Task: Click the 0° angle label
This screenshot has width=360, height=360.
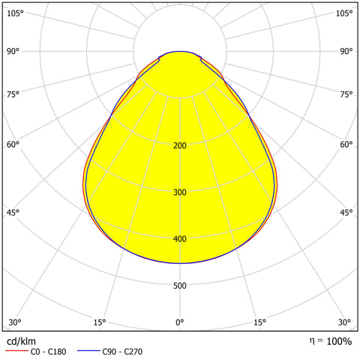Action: pyautogui.click(x=179, y=322)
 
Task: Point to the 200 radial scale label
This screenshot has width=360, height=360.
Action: pyautogui.click(x=179, y=145)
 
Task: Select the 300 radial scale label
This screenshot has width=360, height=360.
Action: pyautogui.click(x=179, y=193)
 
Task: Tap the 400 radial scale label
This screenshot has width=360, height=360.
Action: pyautogui.click(x=179, y=239)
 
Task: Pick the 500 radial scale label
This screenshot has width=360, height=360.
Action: pyautogui.click(x=179, y=286)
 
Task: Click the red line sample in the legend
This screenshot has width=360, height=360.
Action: pyautogui.click(x=16, y=351)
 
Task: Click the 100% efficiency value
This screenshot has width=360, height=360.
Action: pyautogui.click(x=338, y=341)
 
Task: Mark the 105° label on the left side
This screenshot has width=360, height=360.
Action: pyautogui.click(x=15, y=13)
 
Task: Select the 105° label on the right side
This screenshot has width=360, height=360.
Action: pyautogui.click(x=344, y=13)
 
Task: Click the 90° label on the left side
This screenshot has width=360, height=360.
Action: pyautogui.click(x=13, y=51)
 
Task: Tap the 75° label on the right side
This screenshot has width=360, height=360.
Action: pyautogui.click(x=346, y=94)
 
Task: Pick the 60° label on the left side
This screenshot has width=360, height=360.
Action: pyautogui.click(x=13, y=145)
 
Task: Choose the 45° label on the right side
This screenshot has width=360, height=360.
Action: pyautogui.click(x=346, y=213)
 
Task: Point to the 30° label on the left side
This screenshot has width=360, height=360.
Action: pyautogui.click(x=13, y=322)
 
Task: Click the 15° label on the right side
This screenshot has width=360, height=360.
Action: pyautogui.click(x=259, y=322)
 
